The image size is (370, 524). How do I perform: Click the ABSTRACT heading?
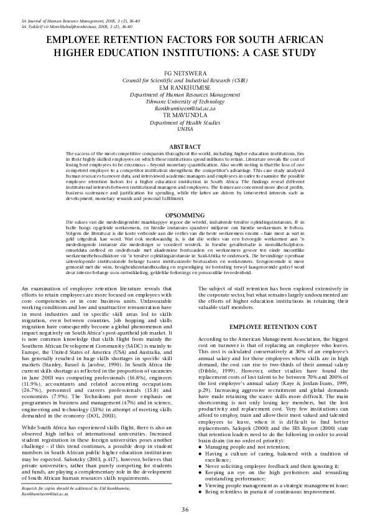click(185, 146)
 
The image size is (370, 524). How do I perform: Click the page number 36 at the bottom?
click(185, 510)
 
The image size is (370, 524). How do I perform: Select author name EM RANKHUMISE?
click(185, 87)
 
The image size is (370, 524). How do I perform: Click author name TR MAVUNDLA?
click(185, 115)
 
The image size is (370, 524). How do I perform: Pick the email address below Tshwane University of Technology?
click(185, 108)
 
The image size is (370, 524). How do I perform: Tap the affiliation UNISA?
click(185, 129)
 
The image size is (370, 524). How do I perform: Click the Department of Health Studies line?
click(185, 122)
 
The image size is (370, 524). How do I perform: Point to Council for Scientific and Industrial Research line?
click(185, 80)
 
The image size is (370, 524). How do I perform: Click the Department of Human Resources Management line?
click(185, 94)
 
